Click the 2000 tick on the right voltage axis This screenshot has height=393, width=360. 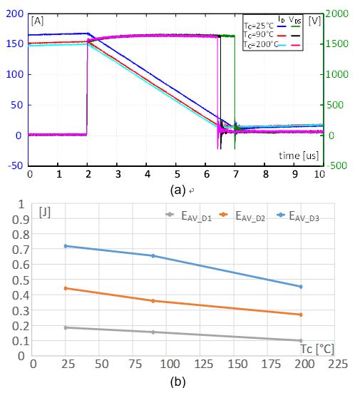point(336,14)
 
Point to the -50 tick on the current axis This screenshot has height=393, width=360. point(16,165)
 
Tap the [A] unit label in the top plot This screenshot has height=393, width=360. point(37,21)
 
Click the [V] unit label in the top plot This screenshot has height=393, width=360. point(314,21)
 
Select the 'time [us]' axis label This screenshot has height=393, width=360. point(299,155)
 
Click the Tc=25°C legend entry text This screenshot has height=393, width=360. point(259,26)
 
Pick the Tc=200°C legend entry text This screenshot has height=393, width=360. point(261,44)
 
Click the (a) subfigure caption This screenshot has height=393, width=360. point(178,190)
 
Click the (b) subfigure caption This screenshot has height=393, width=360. point(178,382)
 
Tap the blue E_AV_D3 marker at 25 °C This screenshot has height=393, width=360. point(66,246)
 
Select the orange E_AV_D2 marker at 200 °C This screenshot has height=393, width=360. point(301,315)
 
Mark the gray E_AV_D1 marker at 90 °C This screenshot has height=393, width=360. point(153,332)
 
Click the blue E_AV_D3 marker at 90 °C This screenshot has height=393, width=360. point(153,255)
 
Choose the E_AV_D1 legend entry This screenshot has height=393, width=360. point(189,216)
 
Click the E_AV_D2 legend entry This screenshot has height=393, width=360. point(242,216)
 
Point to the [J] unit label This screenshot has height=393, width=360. point(45,213)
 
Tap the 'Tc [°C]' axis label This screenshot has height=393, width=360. point(317,349)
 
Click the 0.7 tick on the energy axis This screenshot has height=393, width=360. point(21,250)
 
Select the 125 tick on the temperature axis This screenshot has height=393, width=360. point(203,364)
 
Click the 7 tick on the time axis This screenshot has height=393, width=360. point(235,174)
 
